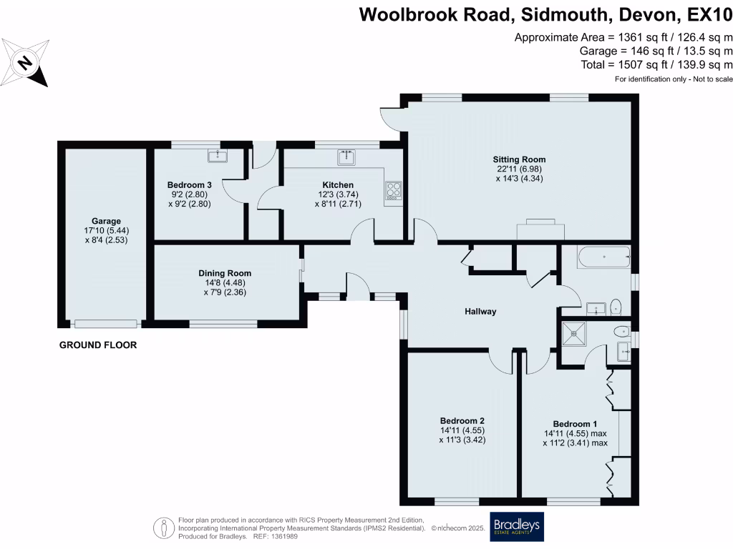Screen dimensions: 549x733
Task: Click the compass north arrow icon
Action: pyautogui.click(x=26, y=63)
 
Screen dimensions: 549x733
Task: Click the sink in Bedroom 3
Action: pyautogui.click(x=215, y=155)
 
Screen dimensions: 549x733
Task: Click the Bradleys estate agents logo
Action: pyautogui.click(x=516, y=527)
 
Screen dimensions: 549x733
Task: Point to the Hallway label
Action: pyautogui.click(x=480, y=312)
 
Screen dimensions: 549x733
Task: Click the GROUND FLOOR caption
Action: pyautogui.click(x=97, y=345)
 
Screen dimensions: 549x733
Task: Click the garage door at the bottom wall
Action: pyautogui.click(x=106, y=323)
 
